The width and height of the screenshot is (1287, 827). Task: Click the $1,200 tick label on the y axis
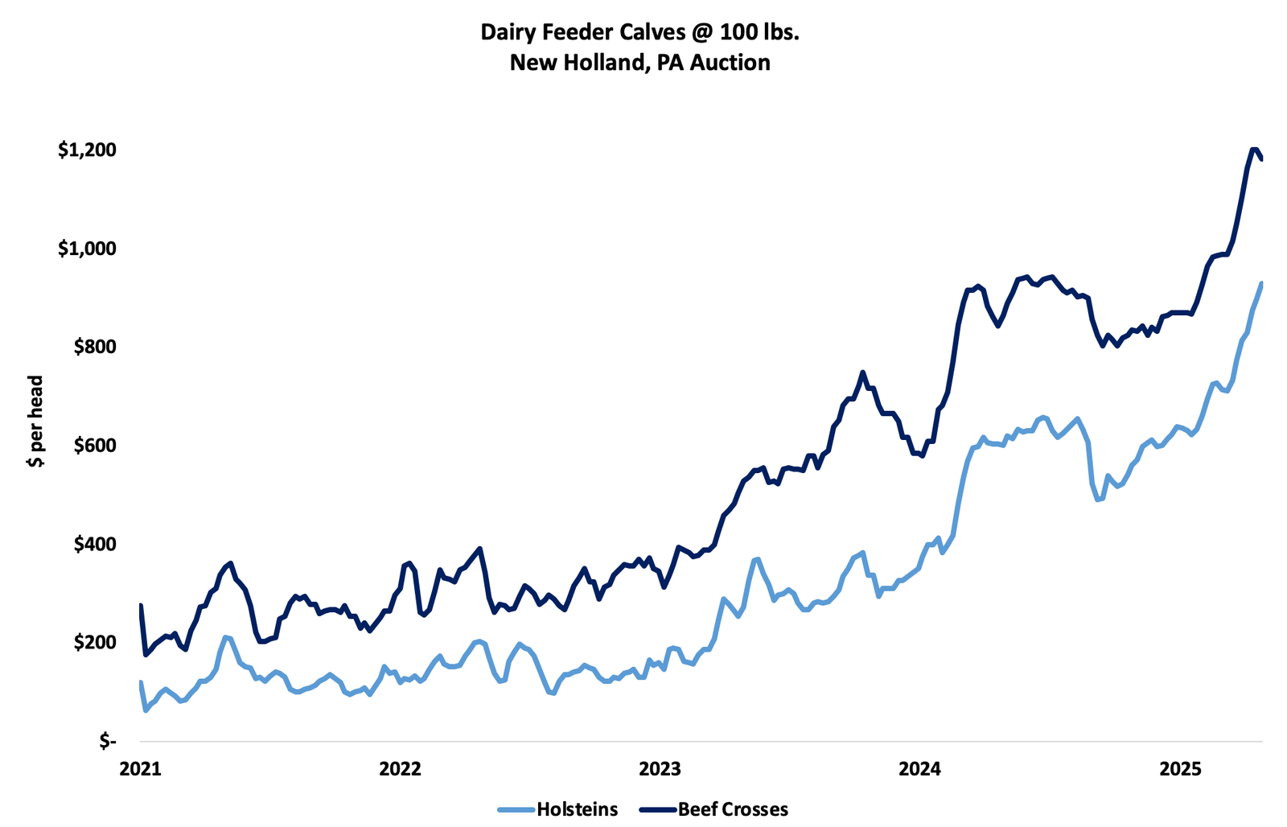point(87,150)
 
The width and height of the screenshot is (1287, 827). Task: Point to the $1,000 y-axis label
point(87,249)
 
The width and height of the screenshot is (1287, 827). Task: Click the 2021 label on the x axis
point(140,768)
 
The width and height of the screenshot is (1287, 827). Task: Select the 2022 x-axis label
point(400,768)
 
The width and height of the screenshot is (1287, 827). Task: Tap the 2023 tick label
point(660,768)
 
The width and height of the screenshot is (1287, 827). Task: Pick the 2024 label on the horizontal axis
point(919,768)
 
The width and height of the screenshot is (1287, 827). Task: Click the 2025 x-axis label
point(1179,768)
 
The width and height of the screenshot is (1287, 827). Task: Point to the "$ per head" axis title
point(35,421)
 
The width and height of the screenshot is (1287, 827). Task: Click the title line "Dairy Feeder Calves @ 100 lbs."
point(640,32)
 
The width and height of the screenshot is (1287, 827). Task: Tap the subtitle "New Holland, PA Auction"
point(640,62)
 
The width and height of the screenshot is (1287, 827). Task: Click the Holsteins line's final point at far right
point(1261,284)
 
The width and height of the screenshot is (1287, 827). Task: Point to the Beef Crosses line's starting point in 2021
point(141,605)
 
